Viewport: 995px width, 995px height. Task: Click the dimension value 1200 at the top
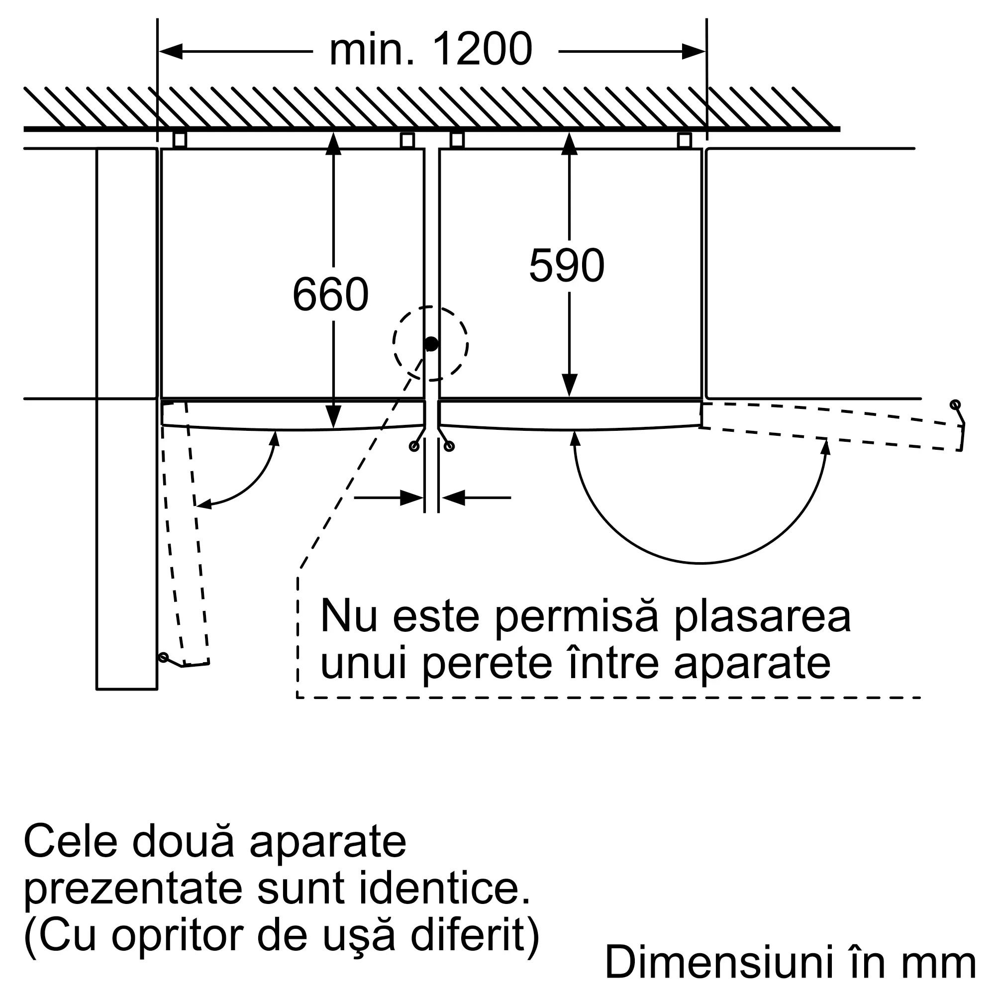coord(482,49)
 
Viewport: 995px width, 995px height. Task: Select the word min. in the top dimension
coord(372,49)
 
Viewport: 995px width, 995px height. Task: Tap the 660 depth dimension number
coord(331,294)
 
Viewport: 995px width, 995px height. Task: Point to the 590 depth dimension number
coord(567,265)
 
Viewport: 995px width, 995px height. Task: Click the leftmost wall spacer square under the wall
coord(179,140)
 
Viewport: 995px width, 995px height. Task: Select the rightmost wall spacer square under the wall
coord(684,140)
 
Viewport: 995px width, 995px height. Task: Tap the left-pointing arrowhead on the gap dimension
coord(453,497)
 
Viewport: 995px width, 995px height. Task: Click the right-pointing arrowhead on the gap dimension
coord(411,497)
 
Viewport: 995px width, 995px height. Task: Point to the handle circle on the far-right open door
coord(955,404)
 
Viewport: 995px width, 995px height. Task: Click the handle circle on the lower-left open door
coord(163,658)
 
